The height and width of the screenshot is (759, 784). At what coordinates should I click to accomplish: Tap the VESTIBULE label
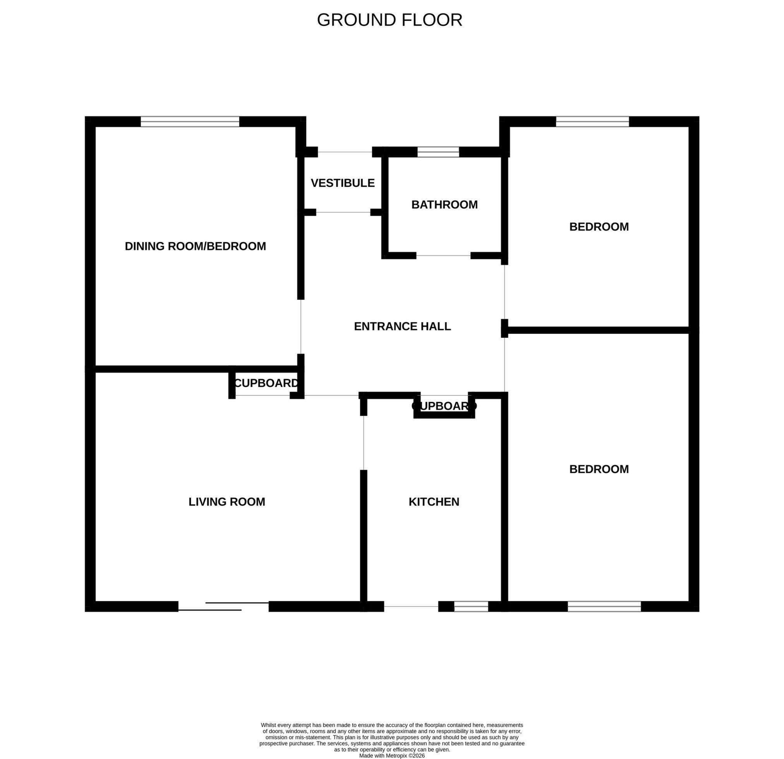coord(342,183)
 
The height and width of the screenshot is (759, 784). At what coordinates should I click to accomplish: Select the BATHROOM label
coord(444,205)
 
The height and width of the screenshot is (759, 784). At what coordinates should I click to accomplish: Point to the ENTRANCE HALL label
coord(402,327)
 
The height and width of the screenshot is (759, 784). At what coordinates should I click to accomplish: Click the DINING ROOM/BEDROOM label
coord(195,246)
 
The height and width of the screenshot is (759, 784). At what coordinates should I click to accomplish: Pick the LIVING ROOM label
coord(227,502)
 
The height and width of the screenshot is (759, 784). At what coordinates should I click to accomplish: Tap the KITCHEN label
coord(434,502)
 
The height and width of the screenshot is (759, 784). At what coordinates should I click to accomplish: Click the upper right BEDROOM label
coord(599,227)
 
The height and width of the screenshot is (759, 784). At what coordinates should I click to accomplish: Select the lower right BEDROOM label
coord(599,469)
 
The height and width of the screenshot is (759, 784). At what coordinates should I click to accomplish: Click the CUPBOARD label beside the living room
coord(266,383)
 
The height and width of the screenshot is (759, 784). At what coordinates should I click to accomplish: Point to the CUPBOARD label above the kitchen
coord(444,406)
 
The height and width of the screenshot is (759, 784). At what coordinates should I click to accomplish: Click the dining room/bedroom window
coord(190,121)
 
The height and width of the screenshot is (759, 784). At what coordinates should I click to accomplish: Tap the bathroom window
coord(438,152)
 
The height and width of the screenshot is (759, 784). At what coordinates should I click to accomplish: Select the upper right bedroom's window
coord(592,121)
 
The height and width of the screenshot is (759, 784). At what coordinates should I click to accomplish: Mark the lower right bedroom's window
coord(604,606)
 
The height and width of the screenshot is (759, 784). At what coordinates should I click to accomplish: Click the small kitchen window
coord(471,606)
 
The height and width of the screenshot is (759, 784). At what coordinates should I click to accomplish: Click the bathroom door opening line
coord(443,255)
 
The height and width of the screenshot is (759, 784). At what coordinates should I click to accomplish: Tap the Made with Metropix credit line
coord(391,756)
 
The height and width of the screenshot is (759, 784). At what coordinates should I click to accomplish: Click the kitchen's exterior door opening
coord(411,606)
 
